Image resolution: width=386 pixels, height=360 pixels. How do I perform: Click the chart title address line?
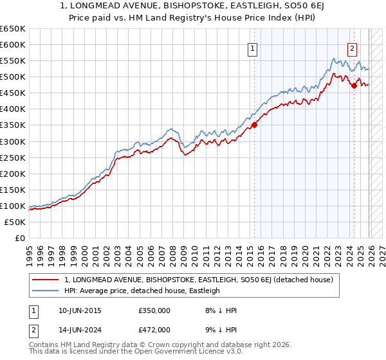(x=192, y=7)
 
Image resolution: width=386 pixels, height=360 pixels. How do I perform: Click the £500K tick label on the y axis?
(x=13, y=76)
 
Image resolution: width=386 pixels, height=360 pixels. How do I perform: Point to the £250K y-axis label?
(x=13, y=157)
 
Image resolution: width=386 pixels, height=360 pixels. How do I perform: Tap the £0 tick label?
(x=20, y=238)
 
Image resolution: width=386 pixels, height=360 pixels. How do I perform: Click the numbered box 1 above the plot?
(x=252, y=48)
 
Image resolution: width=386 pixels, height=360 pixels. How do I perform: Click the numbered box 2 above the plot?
(x=353, y=48)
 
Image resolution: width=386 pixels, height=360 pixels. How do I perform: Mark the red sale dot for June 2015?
(x=254, y=125)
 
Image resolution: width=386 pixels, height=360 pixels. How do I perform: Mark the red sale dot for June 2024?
(x=354, y=85)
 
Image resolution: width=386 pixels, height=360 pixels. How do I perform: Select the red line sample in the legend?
(x=46, y=280)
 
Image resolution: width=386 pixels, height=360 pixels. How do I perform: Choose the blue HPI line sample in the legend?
(x=46, y=291)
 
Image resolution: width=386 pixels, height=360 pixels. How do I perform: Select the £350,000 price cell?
(x=154, y=310)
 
